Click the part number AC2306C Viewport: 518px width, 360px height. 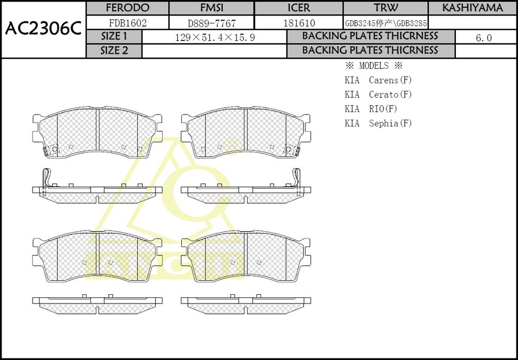click(43, 30)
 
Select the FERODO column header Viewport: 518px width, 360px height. click(127, 8)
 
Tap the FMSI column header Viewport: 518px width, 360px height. click(212, 8)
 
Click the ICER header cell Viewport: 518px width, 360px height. click(299, 8)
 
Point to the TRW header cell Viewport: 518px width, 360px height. click(386, 8)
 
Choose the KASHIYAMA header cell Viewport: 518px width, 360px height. click(472, 8)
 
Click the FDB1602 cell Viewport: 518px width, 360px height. click(127, 23)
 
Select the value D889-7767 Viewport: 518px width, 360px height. click(212, 23)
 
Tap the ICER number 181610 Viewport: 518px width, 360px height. click(299, 23)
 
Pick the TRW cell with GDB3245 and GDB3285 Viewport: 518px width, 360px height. click(386, 23)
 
